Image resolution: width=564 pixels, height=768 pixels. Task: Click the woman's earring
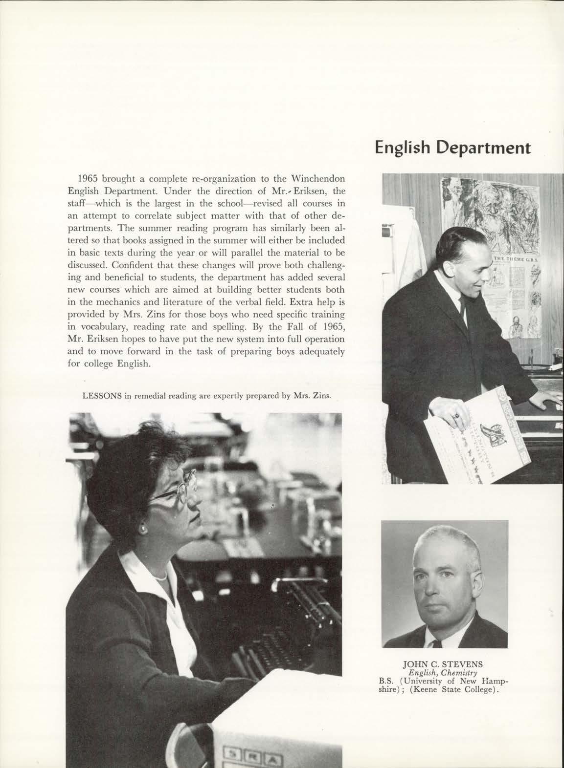144,530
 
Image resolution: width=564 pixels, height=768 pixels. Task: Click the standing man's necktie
461,303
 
